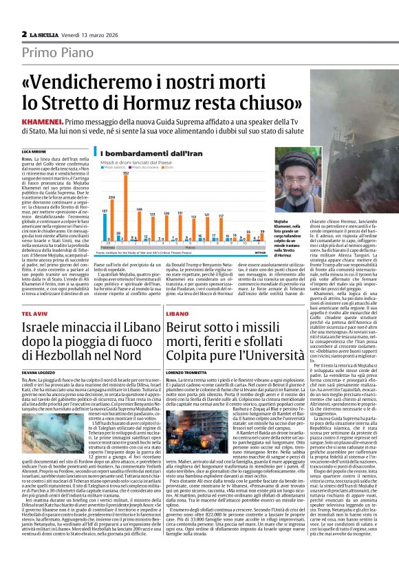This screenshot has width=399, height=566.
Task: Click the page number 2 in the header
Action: (24, 34)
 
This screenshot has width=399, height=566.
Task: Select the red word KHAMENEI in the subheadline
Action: (42, 120)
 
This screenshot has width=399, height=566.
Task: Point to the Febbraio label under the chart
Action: (107, 246)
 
